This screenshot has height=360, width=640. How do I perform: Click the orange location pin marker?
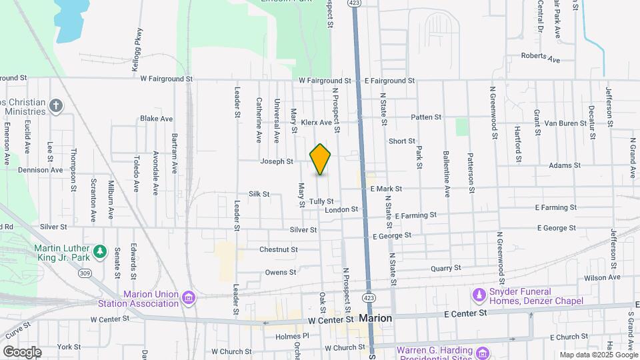(x=321, y=159)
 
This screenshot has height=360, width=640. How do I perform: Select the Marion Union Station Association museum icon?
(x=189, y=297)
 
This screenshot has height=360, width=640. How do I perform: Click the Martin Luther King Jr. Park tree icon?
(x=100, y=251)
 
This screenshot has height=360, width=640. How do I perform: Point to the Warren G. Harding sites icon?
(x=482, y=351)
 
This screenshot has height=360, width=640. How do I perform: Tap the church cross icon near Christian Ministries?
(x=57, y=105)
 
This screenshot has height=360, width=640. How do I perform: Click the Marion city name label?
(x=375, y=318)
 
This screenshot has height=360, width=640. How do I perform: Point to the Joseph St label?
(x=277, y=161)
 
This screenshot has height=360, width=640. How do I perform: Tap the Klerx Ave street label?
(x=316, y=123)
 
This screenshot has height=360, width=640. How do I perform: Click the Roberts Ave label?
(x=541, y=57)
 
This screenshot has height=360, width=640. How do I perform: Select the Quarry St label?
(x=445, y=268)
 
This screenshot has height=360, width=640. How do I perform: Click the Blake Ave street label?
(x=157, y=119)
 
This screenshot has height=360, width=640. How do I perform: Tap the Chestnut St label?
(x=278, y=249)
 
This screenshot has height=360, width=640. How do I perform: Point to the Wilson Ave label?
(x=602, y=277)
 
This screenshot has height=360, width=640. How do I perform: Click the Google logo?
(x=22, y=351)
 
